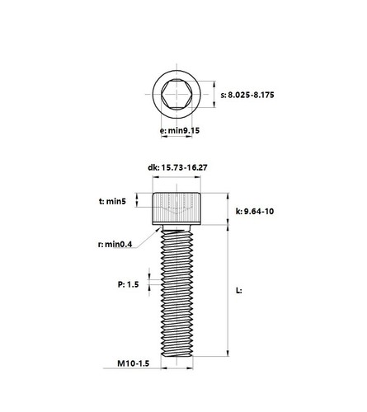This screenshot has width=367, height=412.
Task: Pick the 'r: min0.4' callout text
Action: coord(115,244)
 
